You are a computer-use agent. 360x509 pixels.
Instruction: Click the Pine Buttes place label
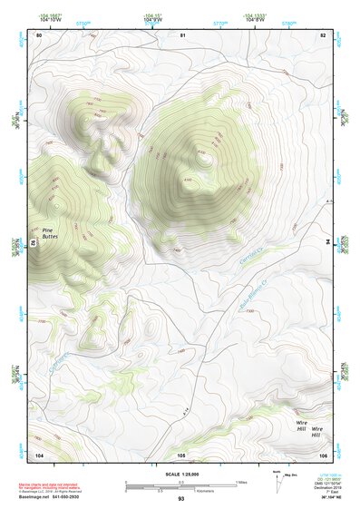(x=49, y=233)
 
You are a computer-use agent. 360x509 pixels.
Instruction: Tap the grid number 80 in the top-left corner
(x=39, y=34)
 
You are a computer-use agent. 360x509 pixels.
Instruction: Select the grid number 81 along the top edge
(x=182, y=34)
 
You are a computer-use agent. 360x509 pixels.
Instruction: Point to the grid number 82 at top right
(x=322, y=34)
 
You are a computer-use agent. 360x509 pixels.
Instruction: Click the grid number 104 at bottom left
(x=39, y=454)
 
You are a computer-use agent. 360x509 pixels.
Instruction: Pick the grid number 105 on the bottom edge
(x=181, y=454)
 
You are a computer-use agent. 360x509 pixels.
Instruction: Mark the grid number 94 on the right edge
(x=329, y=243)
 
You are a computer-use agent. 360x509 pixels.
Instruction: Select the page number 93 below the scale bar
(x=180, y=500)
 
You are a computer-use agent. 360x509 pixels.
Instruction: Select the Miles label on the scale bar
(x=242, y=482)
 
